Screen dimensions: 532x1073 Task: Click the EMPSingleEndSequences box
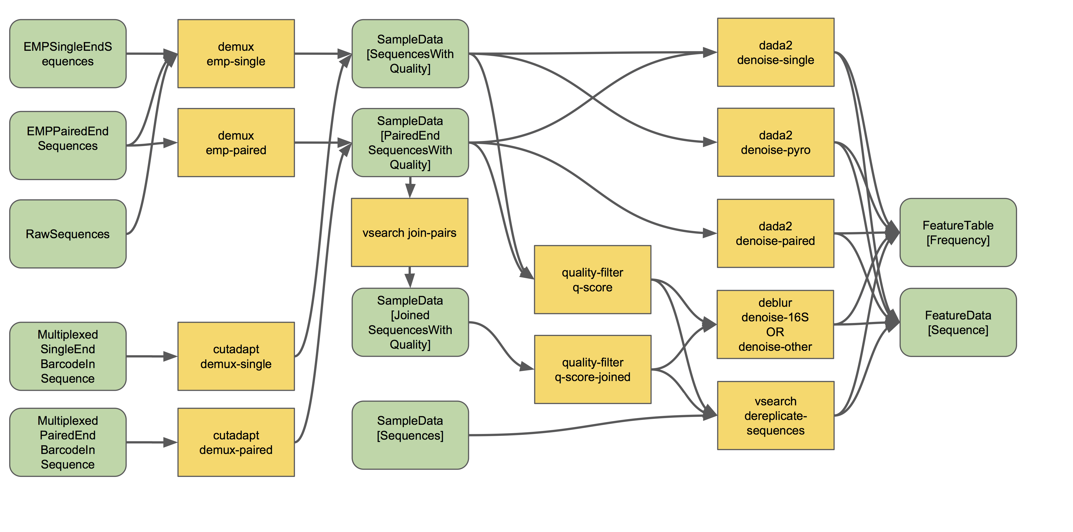tap(68, 54)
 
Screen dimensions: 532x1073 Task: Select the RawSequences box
tap(68, 234)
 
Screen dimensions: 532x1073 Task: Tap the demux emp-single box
tap(236, 54)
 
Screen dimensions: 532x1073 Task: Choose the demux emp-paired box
tap(236, 143)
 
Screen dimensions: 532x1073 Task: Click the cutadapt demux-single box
tap(236, 356)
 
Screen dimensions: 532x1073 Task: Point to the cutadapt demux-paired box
tap(236, 442)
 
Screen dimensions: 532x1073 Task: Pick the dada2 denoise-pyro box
tap(775, 142)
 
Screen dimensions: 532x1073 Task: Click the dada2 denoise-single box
tap(775, 52)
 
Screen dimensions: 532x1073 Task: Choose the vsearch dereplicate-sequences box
tap(775, 415)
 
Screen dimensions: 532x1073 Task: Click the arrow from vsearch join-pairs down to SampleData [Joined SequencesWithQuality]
tap(410, 277)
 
